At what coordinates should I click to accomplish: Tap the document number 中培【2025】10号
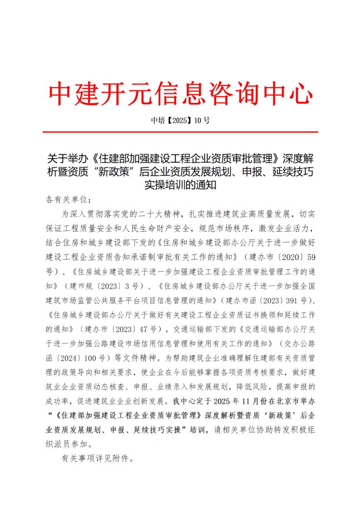180,121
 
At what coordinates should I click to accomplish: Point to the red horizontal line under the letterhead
180,132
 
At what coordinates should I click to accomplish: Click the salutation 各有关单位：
68,199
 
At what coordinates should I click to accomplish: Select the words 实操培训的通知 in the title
180,185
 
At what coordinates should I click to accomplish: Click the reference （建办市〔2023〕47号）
119,328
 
